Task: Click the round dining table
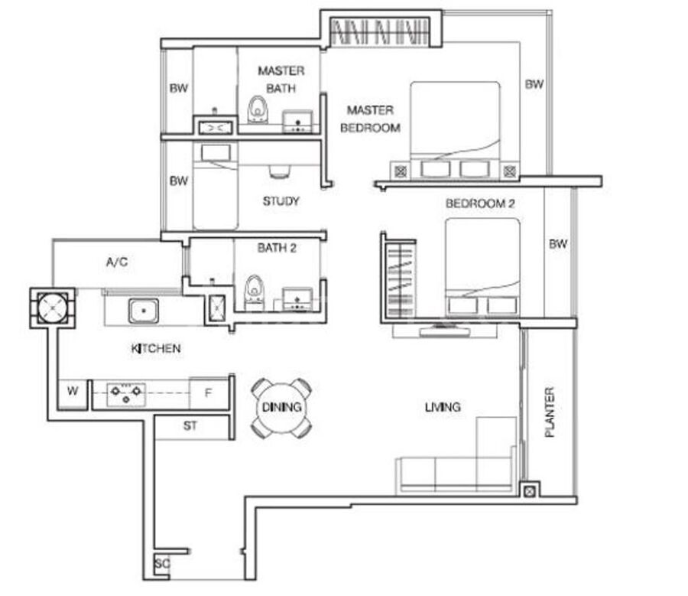[x=281, y=408]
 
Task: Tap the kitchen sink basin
[x=144, y=311]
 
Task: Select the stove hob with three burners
[x=126, y=394]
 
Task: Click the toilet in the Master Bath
[x=258, y=109]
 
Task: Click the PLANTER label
[x=550, y=412]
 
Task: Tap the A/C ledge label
[x=117, y=262]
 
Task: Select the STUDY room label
[x=281, y=201]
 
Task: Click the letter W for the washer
[x=73, y=390]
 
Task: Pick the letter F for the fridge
[x=209, y=392]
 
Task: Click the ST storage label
[x=190, y=425]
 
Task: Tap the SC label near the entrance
[x=161, y=563]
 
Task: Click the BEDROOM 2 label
[x=480, y=204]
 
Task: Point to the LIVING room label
[x=443, y=407]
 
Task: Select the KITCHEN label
[x=156, y=349]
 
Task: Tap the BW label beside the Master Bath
[x=179, y=88]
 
